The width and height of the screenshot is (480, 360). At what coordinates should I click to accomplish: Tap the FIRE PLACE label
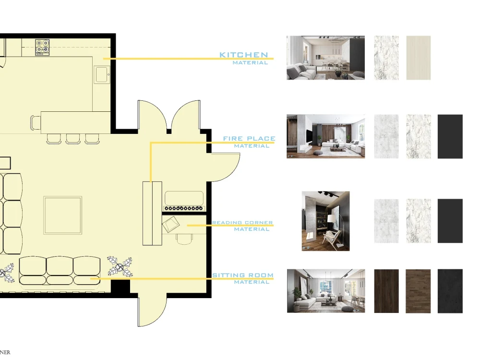click(249, 139)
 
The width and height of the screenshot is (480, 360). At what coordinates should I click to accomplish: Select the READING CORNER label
click(242, 223)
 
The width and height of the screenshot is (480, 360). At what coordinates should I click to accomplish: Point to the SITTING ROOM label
click(243, 276)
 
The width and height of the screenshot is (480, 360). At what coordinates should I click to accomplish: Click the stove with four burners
click(42, 47)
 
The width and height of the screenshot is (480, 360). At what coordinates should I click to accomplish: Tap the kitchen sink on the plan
click(102, 75)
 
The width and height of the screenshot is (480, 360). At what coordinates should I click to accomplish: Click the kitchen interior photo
click(325, 58)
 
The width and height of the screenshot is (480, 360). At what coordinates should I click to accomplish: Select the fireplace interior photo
click(325, 136)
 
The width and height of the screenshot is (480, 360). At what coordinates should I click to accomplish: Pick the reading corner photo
click(325, 221)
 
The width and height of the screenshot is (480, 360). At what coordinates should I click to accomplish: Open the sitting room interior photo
click(325, 291)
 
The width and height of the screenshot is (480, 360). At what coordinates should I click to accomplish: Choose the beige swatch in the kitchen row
click(418, 58)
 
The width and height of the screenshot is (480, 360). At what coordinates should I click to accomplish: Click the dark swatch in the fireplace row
click(450, 136)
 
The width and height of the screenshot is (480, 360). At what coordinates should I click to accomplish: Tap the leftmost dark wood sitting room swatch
click(386, 291)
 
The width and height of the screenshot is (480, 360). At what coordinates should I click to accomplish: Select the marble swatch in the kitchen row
click(386, 58)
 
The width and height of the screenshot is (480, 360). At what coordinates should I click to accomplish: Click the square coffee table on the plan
click(63, 215)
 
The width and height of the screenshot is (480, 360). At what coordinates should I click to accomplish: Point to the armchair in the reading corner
click(170, 224)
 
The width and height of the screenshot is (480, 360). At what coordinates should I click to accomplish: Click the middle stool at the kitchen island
click(73, 138)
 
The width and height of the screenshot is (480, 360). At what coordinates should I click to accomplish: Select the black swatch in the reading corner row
click(450, 221)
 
